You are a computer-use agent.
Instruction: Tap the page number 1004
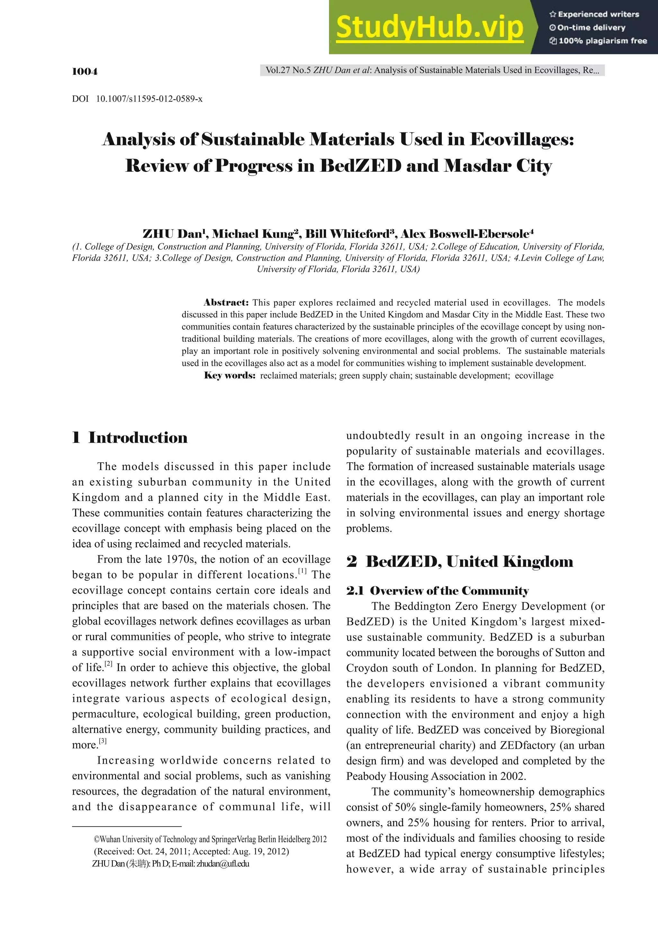point(85,71)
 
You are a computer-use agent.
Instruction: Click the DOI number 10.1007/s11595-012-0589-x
point(149,99)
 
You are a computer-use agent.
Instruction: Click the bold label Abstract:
point(226,303)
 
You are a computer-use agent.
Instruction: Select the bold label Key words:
point(229,376)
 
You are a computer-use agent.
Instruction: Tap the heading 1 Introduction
point(130,438)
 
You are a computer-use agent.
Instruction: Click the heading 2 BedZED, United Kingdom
point(459,561)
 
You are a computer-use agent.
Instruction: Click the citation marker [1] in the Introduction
point(302,571)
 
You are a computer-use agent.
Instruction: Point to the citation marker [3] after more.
point(103,741)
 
